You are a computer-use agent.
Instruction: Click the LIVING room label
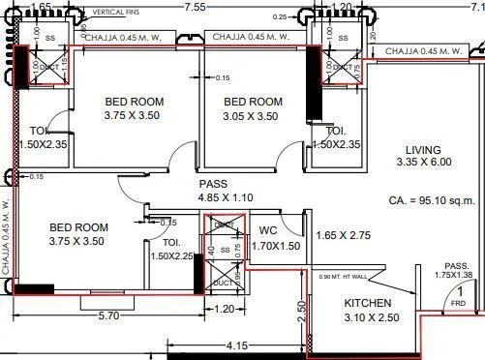(418, 150)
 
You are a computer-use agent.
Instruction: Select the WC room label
(269, 230)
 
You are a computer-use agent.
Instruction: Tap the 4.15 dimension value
(236, 344)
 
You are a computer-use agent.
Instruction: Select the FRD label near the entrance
(459, 303)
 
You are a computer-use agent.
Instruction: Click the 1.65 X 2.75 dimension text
(343, 235)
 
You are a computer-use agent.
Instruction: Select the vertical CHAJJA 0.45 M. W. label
(6, 237)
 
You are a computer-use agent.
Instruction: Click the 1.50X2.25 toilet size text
(172, 255)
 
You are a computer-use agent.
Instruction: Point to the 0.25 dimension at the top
(279, 16)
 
